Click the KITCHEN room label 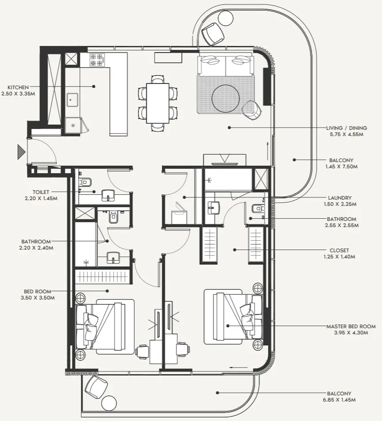click(18, 87)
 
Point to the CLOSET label click(340, 250)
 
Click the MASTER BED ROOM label click(351, 326)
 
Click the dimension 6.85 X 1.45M click(339, 400)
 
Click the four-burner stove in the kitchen click(97, 60)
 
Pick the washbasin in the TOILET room click(108, 194)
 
